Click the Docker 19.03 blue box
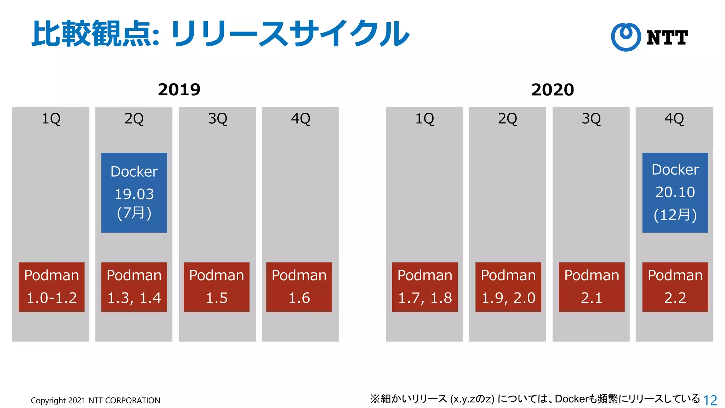coord(134,192)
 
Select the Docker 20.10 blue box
coord(675,192)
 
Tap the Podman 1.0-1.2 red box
coord(52,287)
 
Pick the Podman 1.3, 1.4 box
coord(134,287)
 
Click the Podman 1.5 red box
coord(216,287)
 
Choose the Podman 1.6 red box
coord(299,287)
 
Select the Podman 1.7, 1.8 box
coord(424,287)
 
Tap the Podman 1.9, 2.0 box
coord(508,287)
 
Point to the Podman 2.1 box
coord(592,287)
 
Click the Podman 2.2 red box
coord(675,287)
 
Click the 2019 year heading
coord(179,90)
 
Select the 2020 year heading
coord(552,90)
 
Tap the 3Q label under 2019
coord(217,119)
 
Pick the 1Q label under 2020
coord(424,119)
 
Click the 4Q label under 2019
coord(300,119)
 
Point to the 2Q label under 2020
coord(507,119)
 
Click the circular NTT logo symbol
coord(626,37)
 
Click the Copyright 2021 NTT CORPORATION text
coord(95,401)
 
